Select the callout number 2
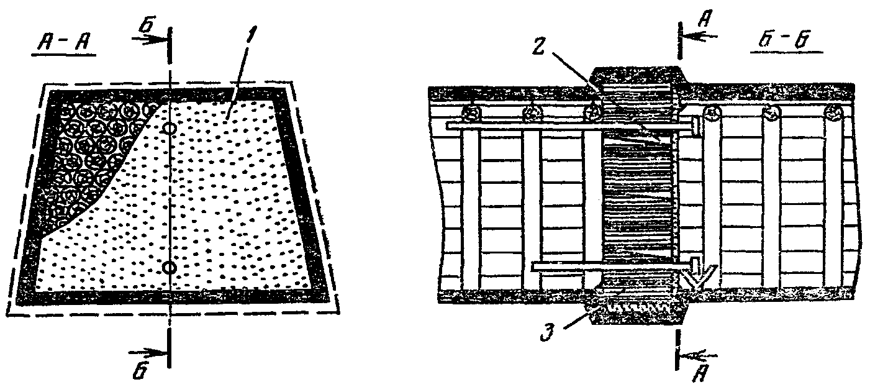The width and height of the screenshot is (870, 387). tap(540, 45)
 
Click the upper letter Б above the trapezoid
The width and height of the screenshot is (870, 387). tap(145, 24)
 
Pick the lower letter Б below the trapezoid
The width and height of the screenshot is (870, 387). tap(142, 371)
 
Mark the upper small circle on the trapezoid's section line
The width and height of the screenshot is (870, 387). tap(169, 128)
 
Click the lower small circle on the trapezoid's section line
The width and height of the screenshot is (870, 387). tap(168, 267)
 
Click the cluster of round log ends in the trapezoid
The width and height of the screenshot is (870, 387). tap(93, 149)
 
